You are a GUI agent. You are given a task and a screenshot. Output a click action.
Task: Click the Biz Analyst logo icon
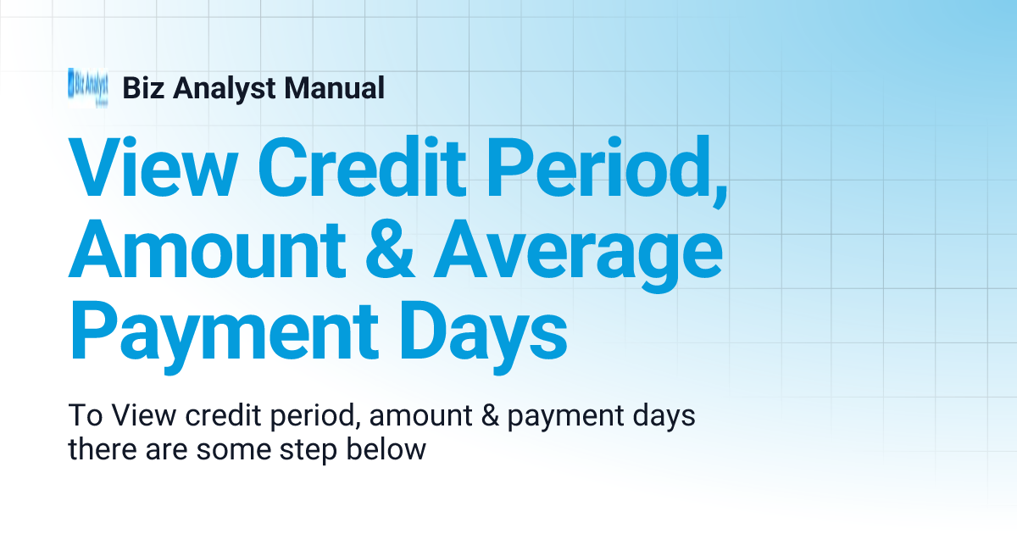pyautogui.click(x=87, y=87)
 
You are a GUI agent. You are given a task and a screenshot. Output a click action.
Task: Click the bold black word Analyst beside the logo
pyautogui.click(x=217, y=87)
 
